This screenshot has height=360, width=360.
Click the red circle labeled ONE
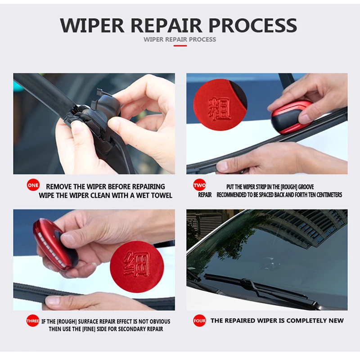[33, 185]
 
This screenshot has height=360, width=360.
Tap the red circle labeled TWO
[199, 185]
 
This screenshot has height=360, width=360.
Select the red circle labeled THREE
[32, 320]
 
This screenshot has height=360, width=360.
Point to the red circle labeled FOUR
[199, 320]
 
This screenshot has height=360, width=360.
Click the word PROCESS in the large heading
[253, 25]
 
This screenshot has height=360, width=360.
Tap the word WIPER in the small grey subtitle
[153, 40]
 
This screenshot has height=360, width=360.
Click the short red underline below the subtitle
[180, 46]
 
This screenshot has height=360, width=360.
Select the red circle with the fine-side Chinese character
[137, 266]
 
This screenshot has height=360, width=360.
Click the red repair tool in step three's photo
[55, 245]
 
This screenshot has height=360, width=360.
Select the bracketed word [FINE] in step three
[89, 329]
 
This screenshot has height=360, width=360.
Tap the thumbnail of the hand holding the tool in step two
[267, 123]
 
